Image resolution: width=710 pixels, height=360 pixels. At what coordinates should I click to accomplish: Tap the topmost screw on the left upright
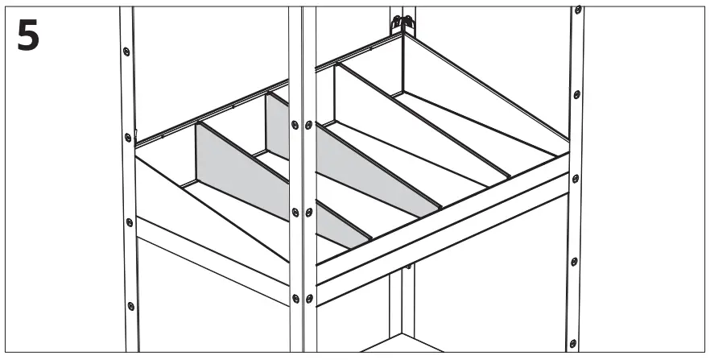126,52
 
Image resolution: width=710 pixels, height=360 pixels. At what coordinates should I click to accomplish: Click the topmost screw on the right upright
578,10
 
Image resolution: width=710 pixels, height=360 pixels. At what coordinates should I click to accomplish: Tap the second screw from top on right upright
577,93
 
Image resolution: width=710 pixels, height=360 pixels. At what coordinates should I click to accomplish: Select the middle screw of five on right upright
576,177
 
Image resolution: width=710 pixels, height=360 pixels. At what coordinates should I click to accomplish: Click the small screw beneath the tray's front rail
408,267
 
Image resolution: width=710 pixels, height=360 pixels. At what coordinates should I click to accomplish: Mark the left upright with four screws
128,177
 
